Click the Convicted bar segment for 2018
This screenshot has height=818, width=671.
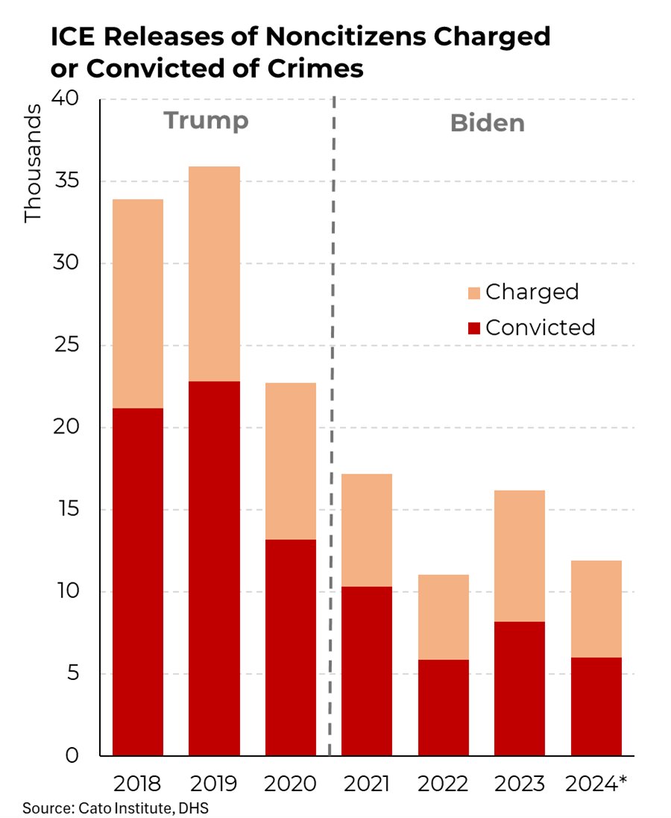[138, 582]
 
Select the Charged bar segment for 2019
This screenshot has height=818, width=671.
[214, 274]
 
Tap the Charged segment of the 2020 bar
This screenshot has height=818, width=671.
[291, 461]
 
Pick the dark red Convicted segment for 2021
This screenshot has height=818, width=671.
[367, 671]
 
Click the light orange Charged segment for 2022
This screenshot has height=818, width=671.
[443, 617]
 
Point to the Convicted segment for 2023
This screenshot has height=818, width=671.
[520, 688]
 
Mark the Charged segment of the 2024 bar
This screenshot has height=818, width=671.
[596, 608]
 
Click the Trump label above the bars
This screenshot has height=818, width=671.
[206, 121]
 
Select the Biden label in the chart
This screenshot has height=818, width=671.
[487, 123]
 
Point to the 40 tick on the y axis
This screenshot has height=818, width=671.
[72, 99]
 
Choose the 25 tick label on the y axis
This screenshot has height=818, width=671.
[72, 346]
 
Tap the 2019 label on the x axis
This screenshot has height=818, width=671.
[214, 784]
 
